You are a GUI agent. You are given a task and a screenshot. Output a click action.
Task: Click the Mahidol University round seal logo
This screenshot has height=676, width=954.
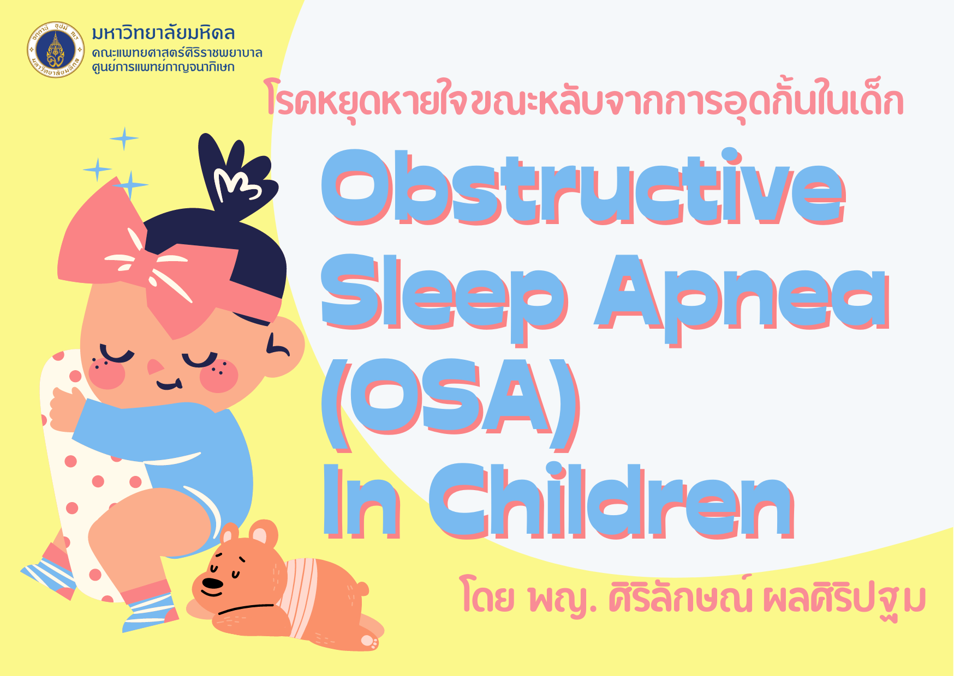tap(56, 50)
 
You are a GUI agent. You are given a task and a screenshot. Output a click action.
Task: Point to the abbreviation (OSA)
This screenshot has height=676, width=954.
tap(451, 403)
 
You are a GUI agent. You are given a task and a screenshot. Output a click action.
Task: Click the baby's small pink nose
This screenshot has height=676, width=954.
tap(154, 367)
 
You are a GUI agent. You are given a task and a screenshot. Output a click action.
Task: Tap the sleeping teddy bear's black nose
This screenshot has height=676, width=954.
tap(211, 584)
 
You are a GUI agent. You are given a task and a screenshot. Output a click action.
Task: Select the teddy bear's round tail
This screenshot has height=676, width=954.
tap(361, 589)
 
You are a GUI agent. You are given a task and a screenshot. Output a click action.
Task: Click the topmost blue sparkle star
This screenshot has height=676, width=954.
tap(124, 138)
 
